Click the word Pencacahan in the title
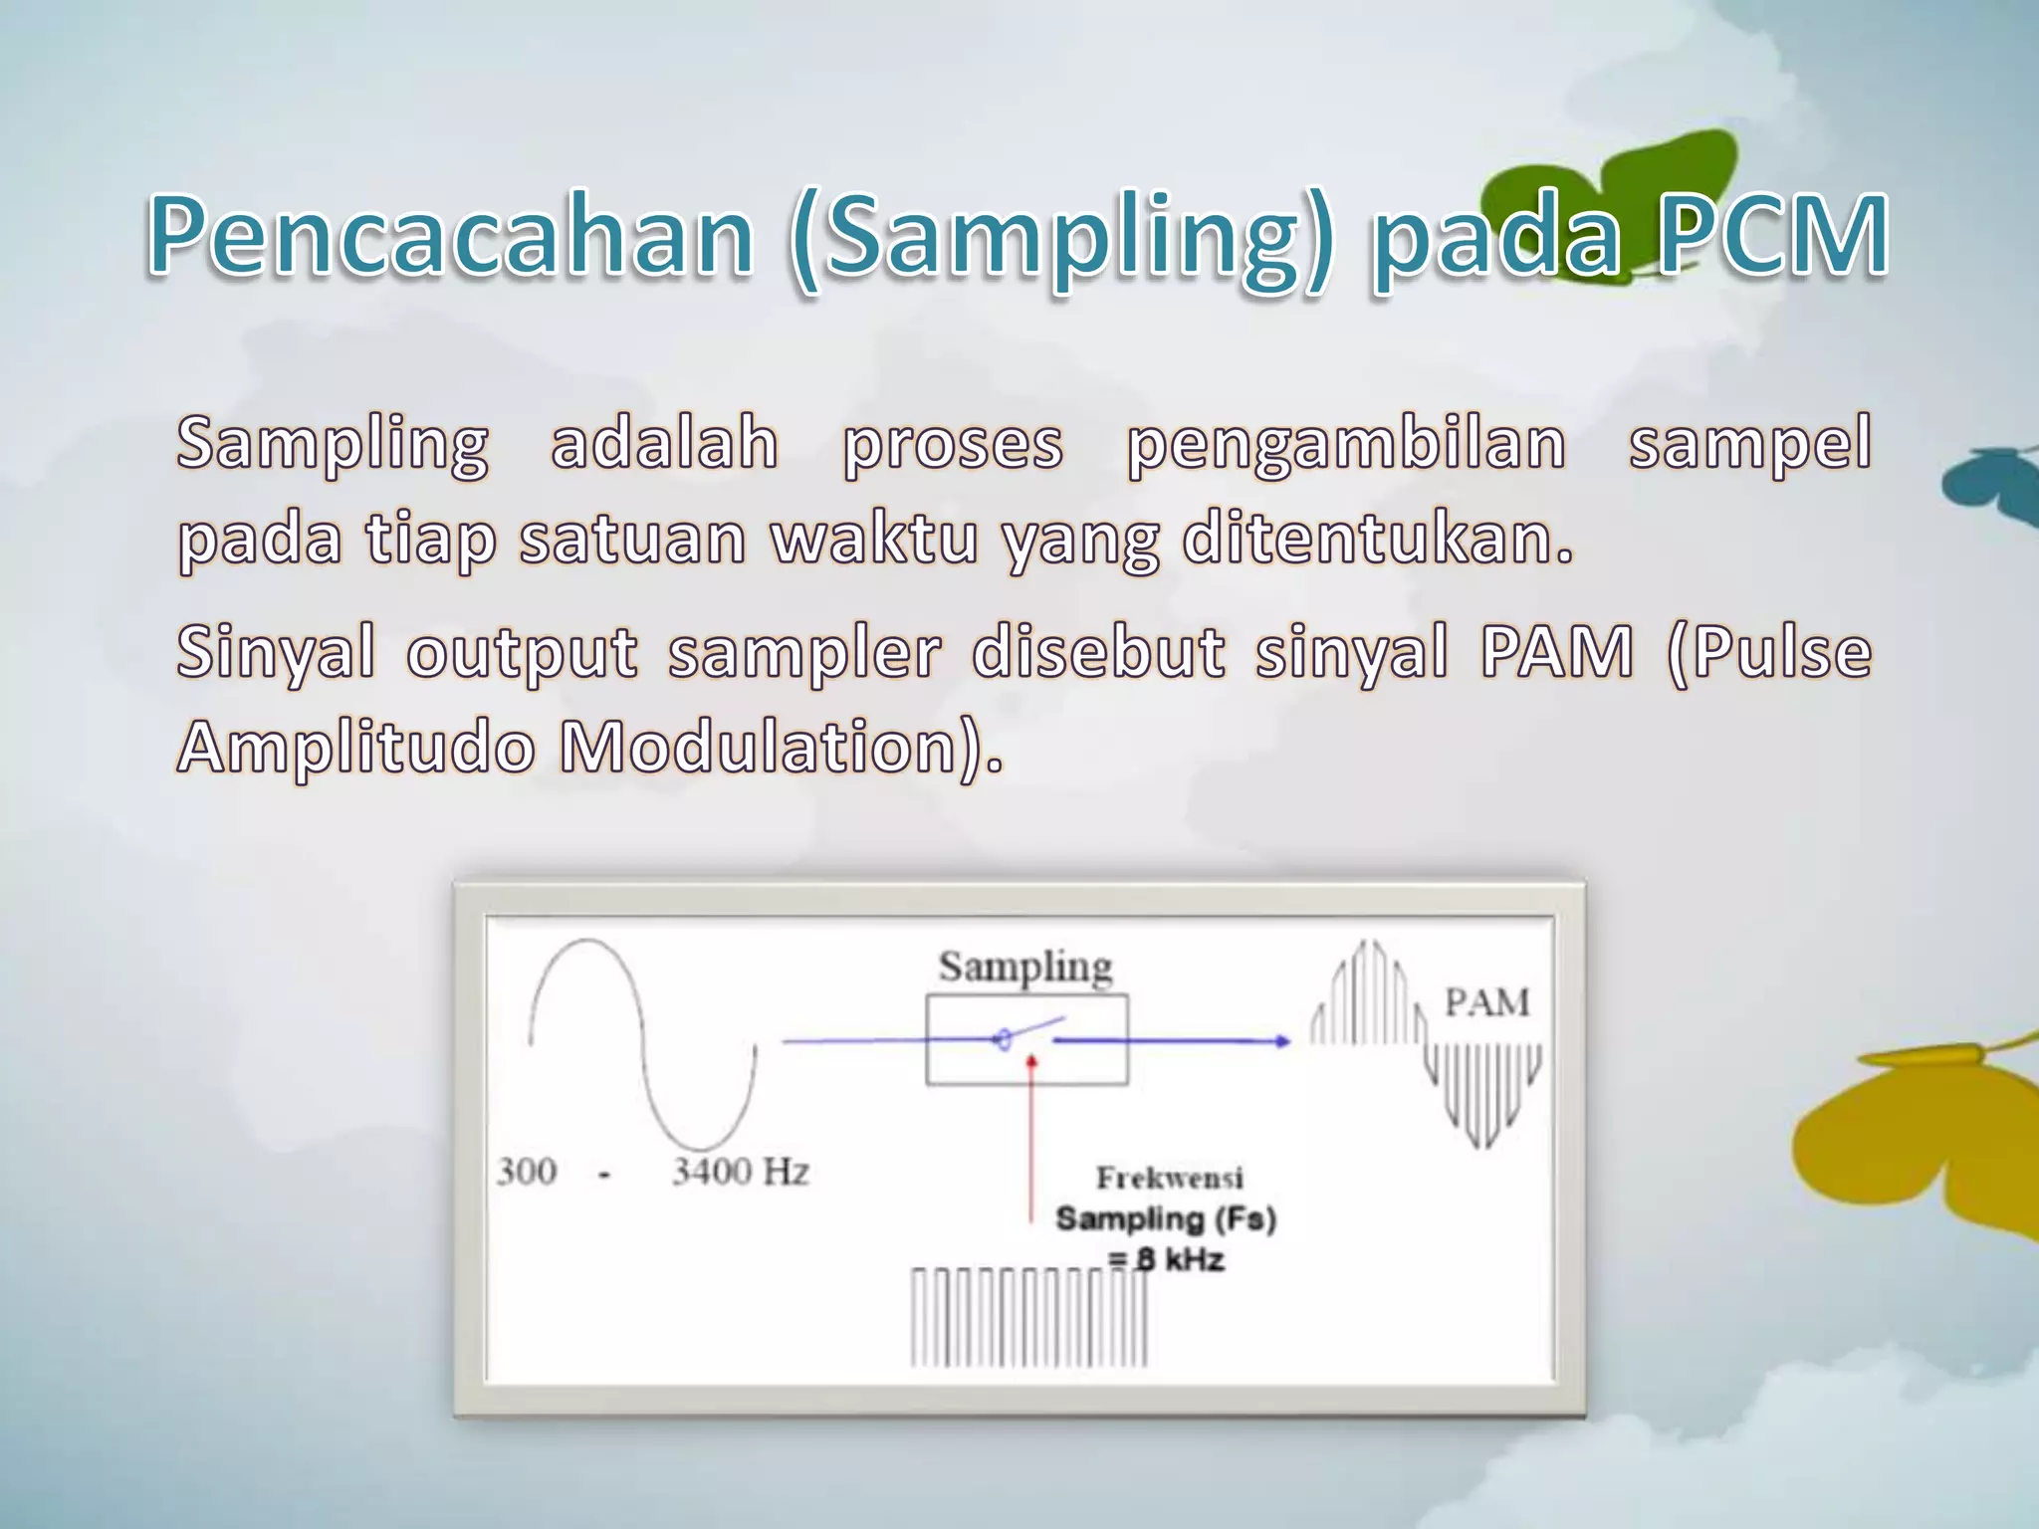click(x=453, y=237)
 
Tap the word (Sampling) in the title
click(x=1060, y=239)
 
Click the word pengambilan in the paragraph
click(x=1346, y=445)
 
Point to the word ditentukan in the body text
click(x=1378, y=540)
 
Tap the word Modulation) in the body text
click(x=782, y=749)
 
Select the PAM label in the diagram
click(x=1486, y=1002)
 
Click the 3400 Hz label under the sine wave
click(x=741, y=1172)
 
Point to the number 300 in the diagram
click(x=527, y=1172)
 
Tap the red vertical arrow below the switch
click(x=1031, y=1145)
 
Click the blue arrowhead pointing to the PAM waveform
click(x=1282, y=1041)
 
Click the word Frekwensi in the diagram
click(x=1170, y=1179)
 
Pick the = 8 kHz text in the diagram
click(x=1167, y=1260)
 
